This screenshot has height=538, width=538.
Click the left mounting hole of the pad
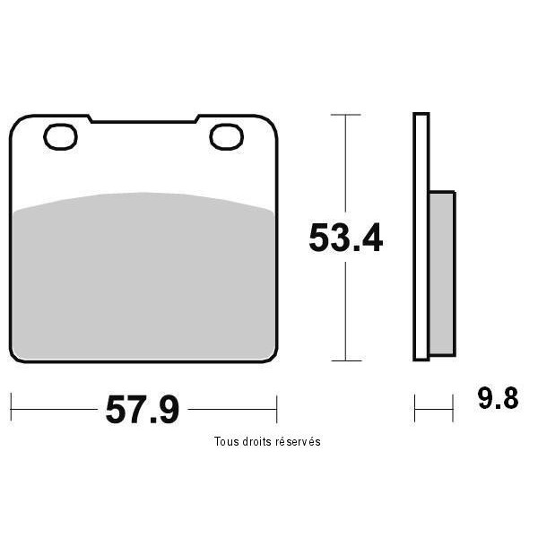(60, 137)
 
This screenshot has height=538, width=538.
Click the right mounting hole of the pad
(227, 137)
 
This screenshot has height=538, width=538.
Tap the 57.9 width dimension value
(143, 410)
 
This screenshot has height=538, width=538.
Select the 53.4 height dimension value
(345, 238)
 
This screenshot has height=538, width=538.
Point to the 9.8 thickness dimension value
(499, 399)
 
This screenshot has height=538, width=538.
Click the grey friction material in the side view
(443, 273)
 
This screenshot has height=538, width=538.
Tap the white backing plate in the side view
(421, 237)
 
